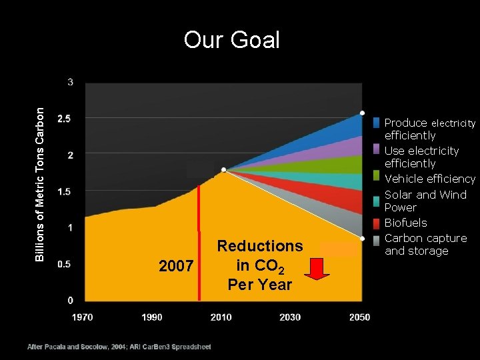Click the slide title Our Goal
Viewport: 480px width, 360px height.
(x=231, y=40)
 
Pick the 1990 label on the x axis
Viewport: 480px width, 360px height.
(x=152, y=317)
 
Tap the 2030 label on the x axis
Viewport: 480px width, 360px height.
(x=290, y=317)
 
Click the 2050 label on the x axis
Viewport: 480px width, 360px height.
(x=359, y=317)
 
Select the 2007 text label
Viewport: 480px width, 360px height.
(x=176, y=267)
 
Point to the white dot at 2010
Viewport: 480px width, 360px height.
(x=224, y=170)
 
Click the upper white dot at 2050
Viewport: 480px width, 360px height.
(x=362, y=113)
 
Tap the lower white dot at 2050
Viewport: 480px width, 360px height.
(x=362, y=238)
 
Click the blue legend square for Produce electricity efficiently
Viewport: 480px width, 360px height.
(x=377, y=123)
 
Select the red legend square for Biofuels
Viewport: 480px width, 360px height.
(x=377, y=223)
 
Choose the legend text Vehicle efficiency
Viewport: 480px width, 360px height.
(x=430, y=179)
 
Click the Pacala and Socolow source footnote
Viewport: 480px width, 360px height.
(x=119, y=347)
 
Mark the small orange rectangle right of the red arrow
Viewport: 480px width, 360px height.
(x=337, y=249)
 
